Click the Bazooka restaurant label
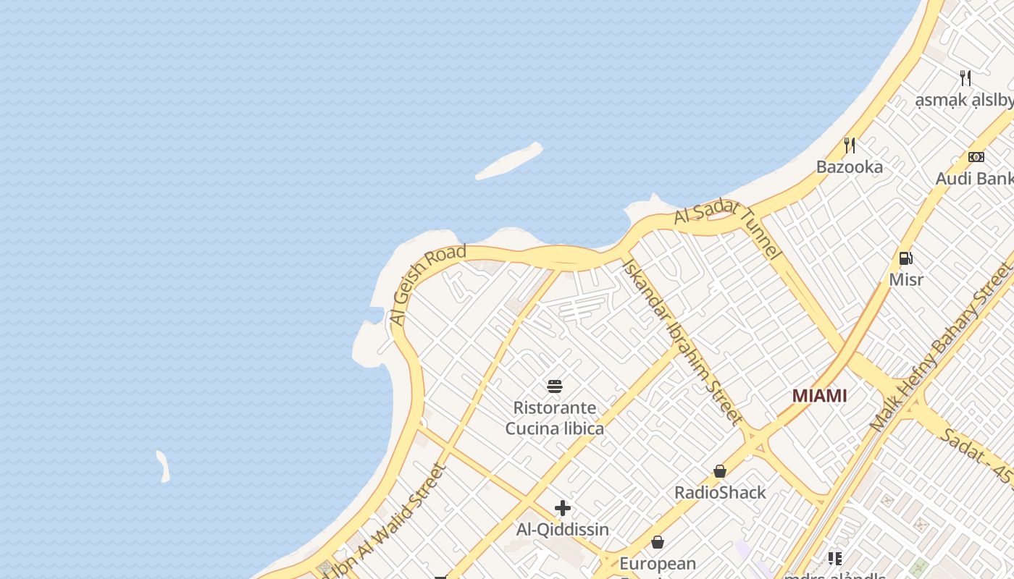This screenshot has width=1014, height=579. click(850, 167)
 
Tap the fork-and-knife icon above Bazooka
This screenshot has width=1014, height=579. click(850, 145)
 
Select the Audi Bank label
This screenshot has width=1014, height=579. click(974, 179)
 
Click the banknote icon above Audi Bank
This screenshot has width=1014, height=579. click(976, 157)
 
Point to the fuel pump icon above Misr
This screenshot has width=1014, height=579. click(905, 258)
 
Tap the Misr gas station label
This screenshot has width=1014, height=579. click(906, 279)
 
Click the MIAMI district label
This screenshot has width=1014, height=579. click(819, 396)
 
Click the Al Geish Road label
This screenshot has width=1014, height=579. click(427, 284)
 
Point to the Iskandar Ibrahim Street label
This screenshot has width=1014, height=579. click(682, 341)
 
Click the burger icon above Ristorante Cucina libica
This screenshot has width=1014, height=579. click(555, 386)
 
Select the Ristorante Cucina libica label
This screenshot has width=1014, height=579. click(555, 418)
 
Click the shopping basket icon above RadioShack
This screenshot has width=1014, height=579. click(719, 472)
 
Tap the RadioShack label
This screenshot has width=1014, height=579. click(720, 493)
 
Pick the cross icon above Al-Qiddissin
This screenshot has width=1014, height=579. click(563, 508)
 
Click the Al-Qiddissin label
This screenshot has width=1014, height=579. click(563, 530)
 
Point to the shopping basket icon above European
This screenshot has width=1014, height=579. click(658, 542)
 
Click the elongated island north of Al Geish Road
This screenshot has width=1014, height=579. click(509, 161)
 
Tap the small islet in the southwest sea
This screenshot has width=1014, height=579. click(164, 466)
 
